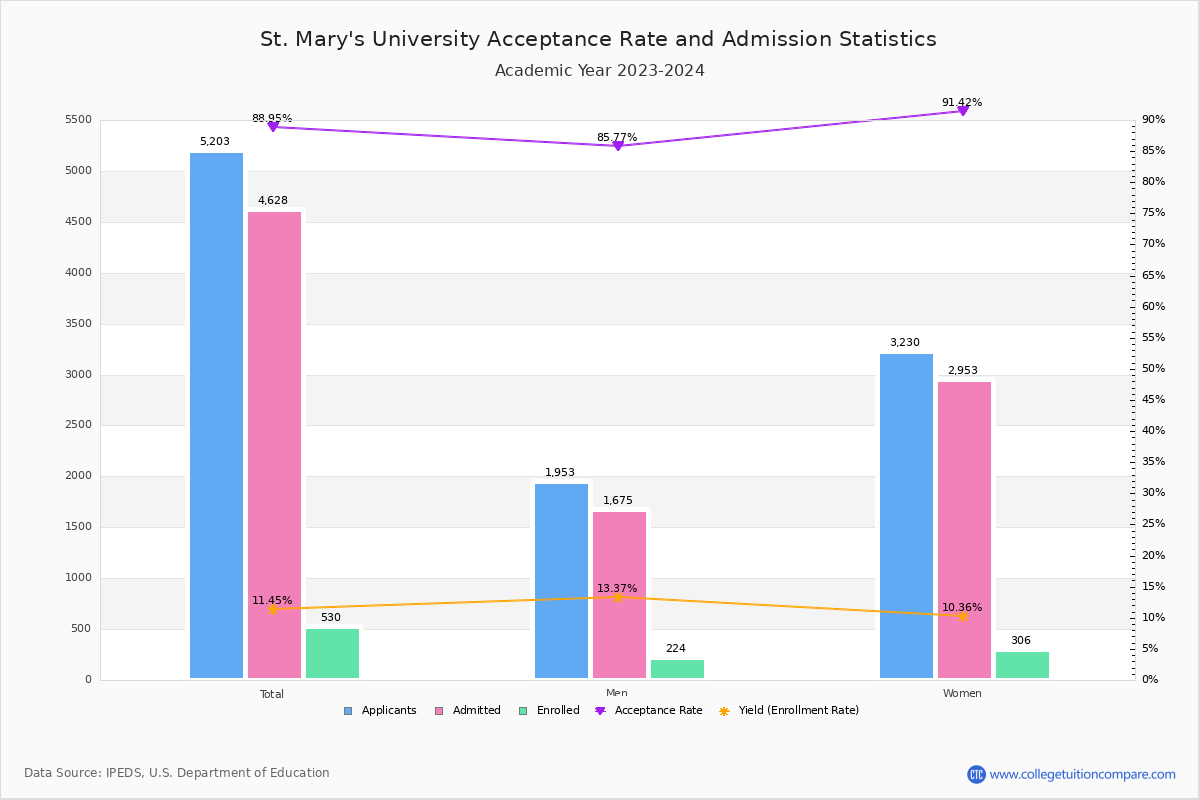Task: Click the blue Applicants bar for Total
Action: [x=216, y=415]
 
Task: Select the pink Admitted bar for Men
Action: [x=619, y=595]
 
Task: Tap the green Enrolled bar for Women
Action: [x=1022, y=665]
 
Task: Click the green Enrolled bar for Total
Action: [x=332, y=653]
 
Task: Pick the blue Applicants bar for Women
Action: [x=906, y=516]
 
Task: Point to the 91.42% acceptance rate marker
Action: [x=962, y=110]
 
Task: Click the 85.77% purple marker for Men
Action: [x=617, y=146]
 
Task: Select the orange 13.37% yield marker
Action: [x=617, y=597]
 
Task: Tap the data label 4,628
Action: [x=273, y=201]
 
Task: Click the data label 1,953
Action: [x=560, y=473]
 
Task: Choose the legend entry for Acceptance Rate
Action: [x=649, y=711]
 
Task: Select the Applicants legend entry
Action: [x=381, y=711]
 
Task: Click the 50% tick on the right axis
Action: [x=1153, y=369]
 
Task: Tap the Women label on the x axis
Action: [x=962, y=694]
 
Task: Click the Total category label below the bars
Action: [x=272, y=694]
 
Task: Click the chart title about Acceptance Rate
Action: [x=598, y=40]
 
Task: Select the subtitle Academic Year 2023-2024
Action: [x=599, y=71]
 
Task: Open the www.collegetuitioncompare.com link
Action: [x=1082, y=774]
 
